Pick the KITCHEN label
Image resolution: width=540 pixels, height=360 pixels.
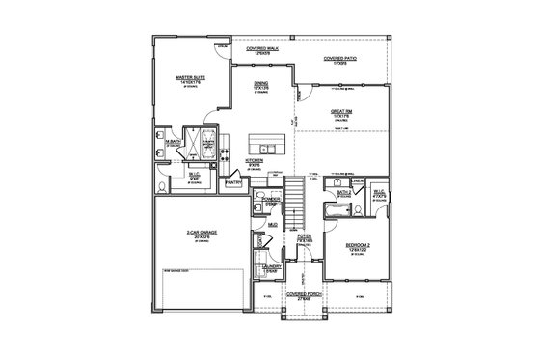tap(255, 160)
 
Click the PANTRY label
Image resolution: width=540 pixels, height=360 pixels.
tap(231, 181)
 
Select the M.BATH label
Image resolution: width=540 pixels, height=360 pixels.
tap(174, 143)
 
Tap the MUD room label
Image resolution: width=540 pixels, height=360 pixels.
tap(273, 224)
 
